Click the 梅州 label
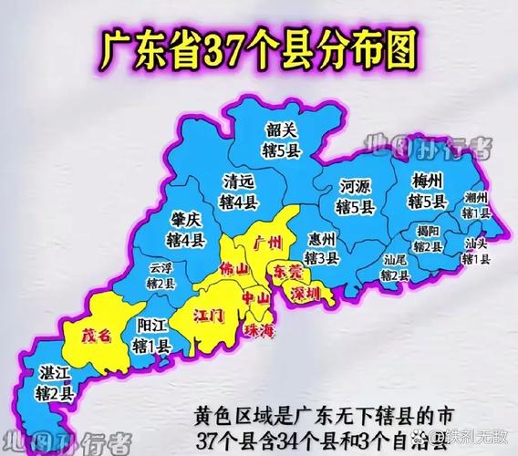point(428,180)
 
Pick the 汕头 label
point(476,244)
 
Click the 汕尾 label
point(395,258)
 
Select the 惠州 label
point(322,240)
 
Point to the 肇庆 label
point(186,222)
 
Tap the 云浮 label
point(161,268)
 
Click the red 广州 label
point(269,242)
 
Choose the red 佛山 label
point(234,269)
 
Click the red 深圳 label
point(307,294)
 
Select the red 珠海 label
point(259,329)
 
